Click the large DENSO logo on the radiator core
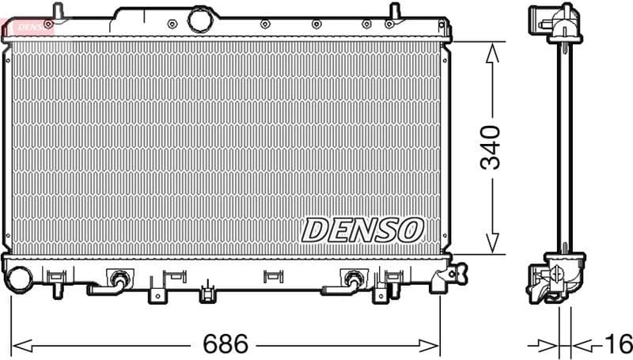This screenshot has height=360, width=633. (x=362, y=229)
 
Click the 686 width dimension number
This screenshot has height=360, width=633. (x=226, y=344)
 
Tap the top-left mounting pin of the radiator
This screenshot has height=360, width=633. (x=56, y=11)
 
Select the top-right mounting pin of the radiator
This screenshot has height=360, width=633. (x=393, y=11)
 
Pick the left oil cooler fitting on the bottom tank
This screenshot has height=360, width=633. (x=119, y=279)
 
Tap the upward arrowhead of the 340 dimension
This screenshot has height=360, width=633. (x=492, y=53)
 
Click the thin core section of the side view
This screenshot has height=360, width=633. (x=564, y=150)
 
